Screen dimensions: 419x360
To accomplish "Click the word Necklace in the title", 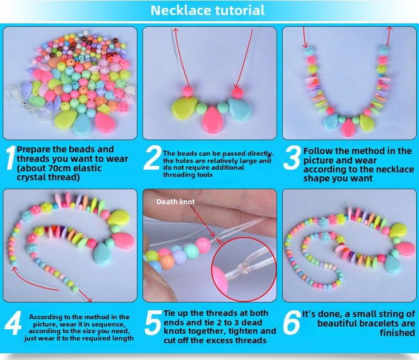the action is pos(180,11).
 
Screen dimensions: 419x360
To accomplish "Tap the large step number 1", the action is pos(11,157).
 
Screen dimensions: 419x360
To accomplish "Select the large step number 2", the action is pos(153,157).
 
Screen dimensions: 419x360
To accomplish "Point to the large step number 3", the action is pos(292,157).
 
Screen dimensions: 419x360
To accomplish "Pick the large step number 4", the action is pos(13,323).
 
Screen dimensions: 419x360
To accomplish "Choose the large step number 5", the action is pos(154,323).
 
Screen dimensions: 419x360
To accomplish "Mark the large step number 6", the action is pos(292,323).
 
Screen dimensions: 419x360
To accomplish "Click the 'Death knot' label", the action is pos(175,201).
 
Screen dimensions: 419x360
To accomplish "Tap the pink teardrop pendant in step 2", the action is pos(212,120).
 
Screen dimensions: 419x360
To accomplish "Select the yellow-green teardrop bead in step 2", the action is pos(184,108).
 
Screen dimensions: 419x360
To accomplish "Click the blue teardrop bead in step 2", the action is pos(240,109).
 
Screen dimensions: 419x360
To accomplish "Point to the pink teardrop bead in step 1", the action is pos(105,123).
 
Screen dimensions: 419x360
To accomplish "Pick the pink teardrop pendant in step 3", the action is pos(348,128).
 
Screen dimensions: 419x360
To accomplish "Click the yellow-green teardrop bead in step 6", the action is pos(398,230).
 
